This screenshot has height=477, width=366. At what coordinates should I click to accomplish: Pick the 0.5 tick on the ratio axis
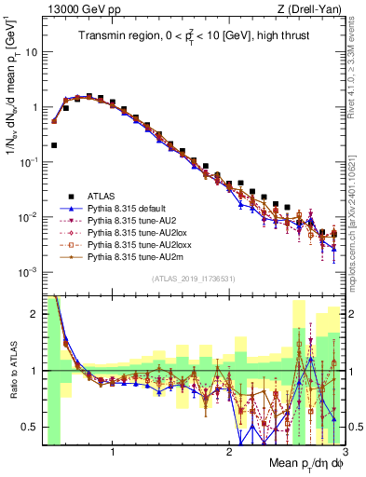[x=33, y=428]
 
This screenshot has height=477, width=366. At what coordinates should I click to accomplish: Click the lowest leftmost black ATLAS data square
[x=54, y=145]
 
